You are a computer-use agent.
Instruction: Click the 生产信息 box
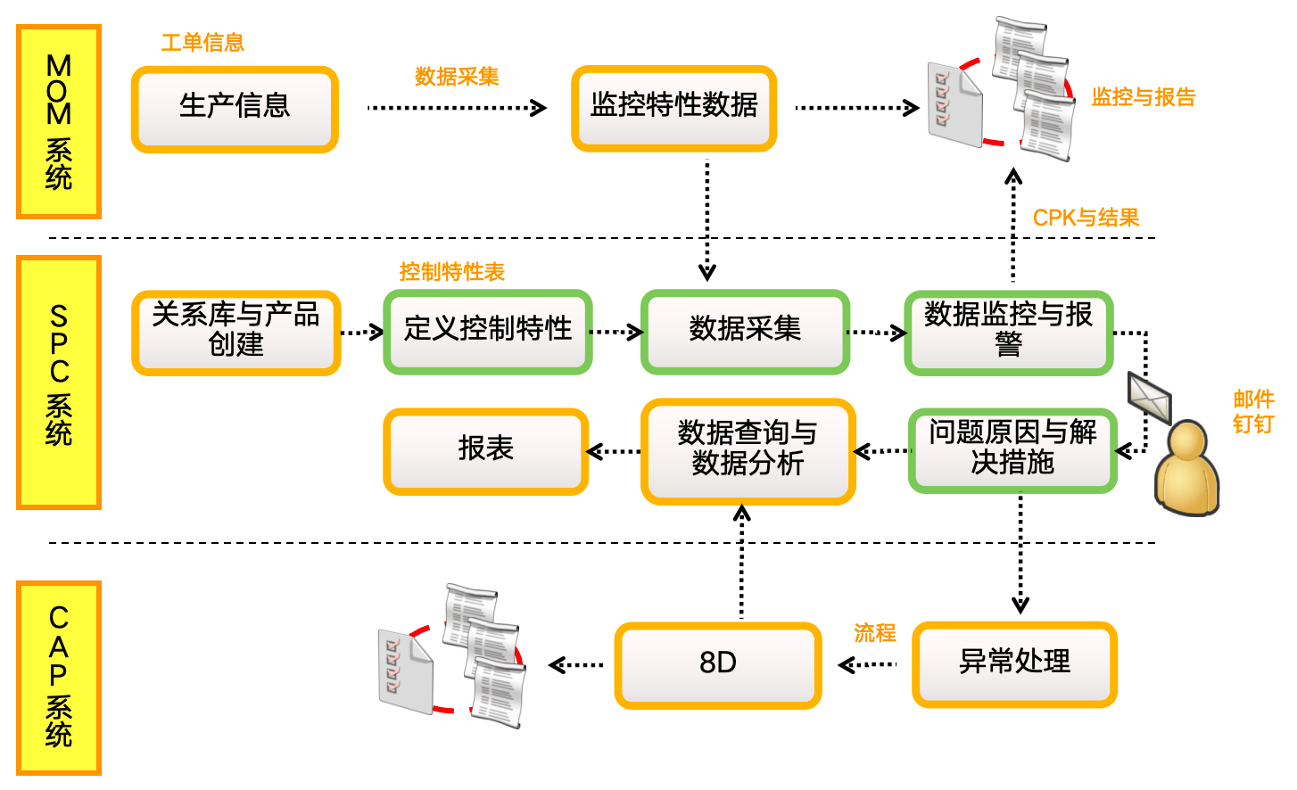(235, 109)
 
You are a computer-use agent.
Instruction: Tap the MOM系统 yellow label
(59, 122)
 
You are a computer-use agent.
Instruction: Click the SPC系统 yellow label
(59, 383)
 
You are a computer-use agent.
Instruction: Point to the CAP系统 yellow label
(59, 678)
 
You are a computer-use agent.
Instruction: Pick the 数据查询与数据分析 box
(748, 450)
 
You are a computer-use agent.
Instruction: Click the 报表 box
(485, 450)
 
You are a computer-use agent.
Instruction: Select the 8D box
(717, 665)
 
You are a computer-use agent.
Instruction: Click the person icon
(1185, 468)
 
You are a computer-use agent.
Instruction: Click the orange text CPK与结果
(1086, 218)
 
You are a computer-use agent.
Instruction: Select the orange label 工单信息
(202, 43)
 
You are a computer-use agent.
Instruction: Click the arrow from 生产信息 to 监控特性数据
(457, 108)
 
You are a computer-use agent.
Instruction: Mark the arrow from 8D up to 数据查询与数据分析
(741, 562)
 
